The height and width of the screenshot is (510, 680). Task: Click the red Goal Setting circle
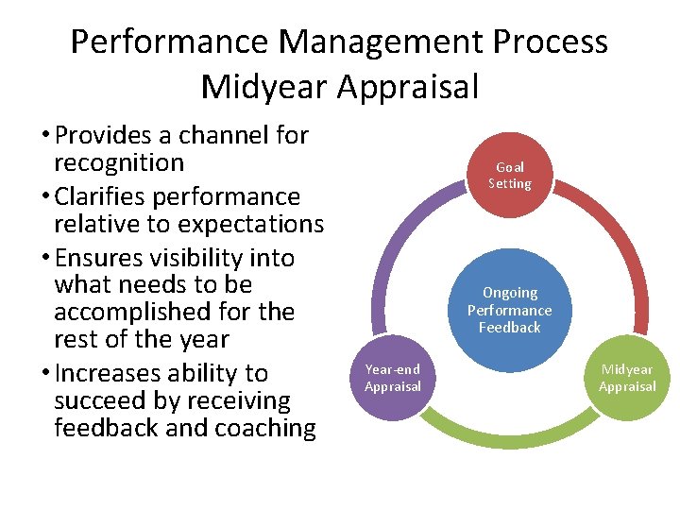(x=510, y=176)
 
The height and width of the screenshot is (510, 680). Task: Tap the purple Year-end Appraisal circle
(x=393, y=377)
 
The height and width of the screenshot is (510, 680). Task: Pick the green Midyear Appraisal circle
(x=627, y=377)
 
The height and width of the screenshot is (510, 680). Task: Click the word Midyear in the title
(x=264, y=87)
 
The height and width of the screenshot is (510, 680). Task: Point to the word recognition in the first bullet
(x=119, y=162)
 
